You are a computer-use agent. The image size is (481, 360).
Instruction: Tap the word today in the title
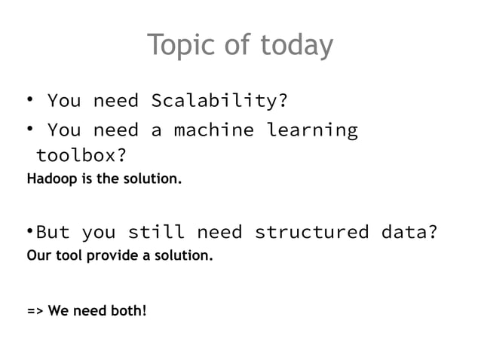pos(296,47)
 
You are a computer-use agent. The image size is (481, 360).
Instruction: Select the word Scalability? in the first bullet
pos(220,101)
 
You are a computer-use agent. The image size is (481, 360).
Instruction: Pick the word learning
pos(312,130)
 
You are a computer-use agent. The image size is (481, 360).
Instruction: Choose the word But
pos(53,231)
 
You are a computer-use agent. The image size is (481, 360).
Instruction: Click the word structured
pos(311,231)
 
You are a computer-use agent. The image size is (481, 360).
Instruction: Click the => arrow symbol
pos(35,310)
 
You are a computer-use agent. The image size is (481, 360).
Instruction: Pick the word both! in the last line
pos(127,310)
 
